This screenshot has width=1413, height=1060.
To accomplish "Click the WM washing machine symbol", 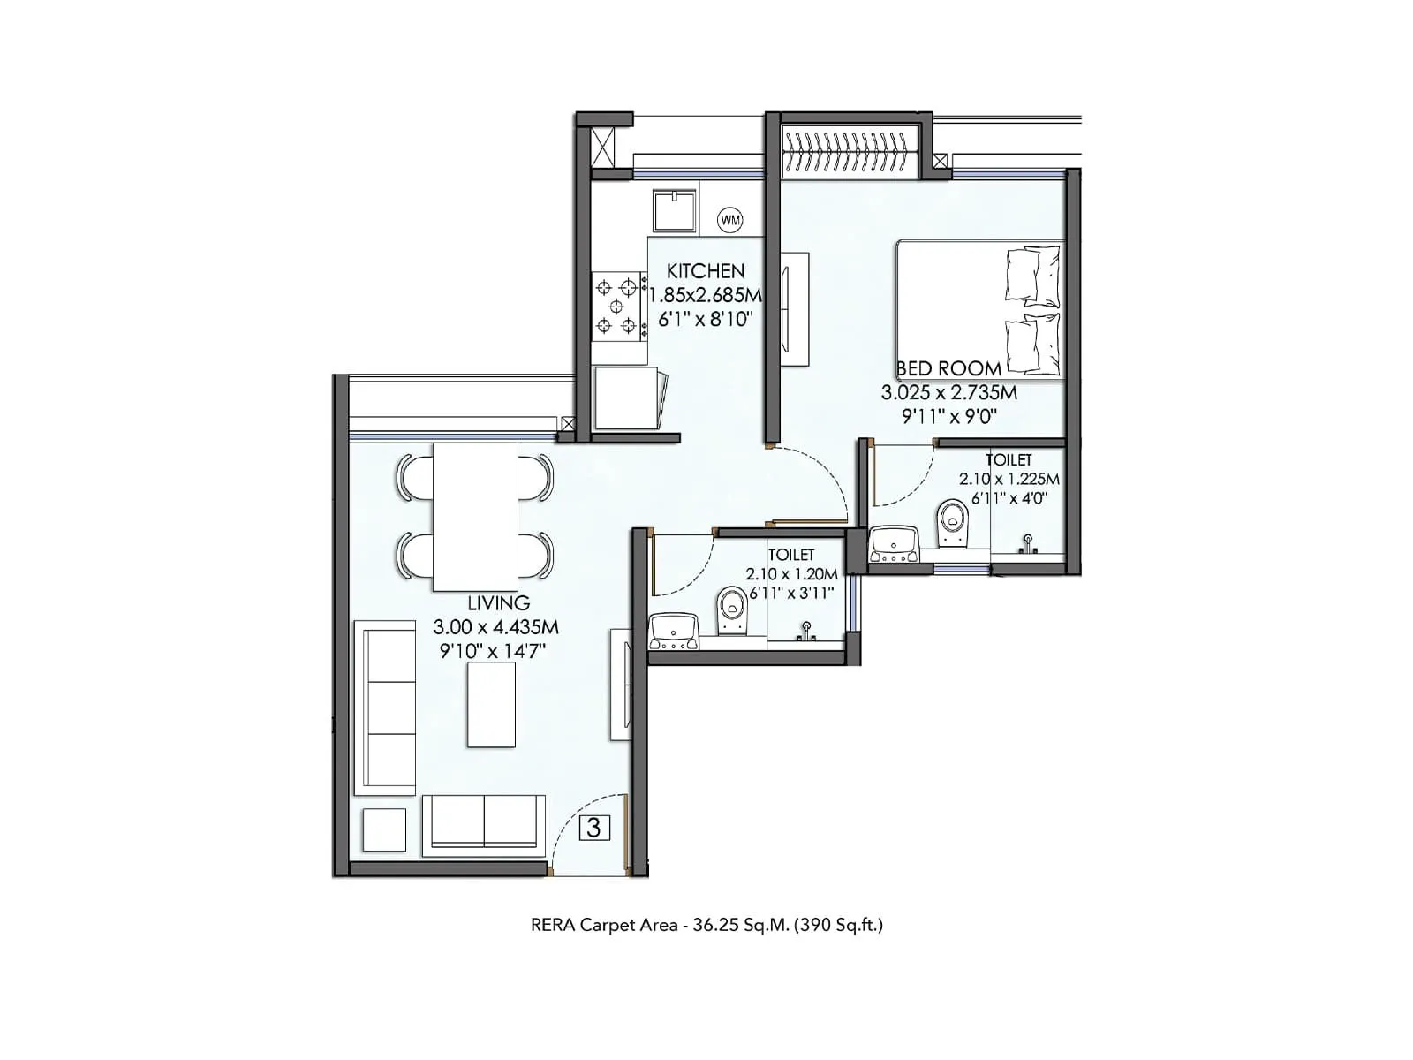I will click(730, 219).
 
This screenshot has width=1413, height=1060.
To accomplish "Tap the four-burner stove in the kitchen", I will click(616, 307).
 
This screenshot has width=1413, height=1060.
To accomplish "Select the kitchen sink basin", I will click(675, 211).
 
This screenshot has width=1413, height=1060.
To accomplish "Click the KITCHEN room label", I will click(705, 271).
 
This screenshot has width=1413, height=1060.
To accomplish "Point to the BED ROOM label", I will click(949, 368).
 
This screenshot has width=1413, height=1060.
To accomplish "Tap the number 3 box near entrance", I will click(594, 828).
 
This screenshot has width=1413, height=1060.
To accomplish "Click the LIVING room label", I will click(499, 603).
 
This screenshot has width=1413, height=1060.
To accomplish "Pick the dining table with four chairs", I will click(475, 517).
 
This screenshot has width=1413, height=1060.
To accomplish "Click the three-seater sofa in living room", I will click(386, 707).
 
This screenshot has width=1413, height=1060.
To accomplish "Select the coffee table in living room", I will click(491, 704).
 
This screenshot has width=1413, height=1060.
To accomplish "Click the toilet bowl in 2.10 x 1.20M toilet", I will click(731, 609).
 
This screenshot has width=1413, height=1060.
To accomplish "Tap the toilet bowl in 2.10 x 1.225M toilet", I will click(951, 523).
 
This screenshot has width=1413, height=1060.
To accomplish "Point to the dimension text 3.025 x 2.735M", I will click(948, 392).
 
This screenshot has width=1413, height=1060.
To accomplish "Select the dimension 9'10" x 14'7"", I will click(493, 652).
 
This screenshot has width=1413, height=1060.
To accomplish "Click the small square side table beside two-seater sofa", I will click(384, 830).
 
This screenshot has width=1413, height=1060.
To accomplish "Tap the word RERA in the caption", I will click(552, 925).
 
